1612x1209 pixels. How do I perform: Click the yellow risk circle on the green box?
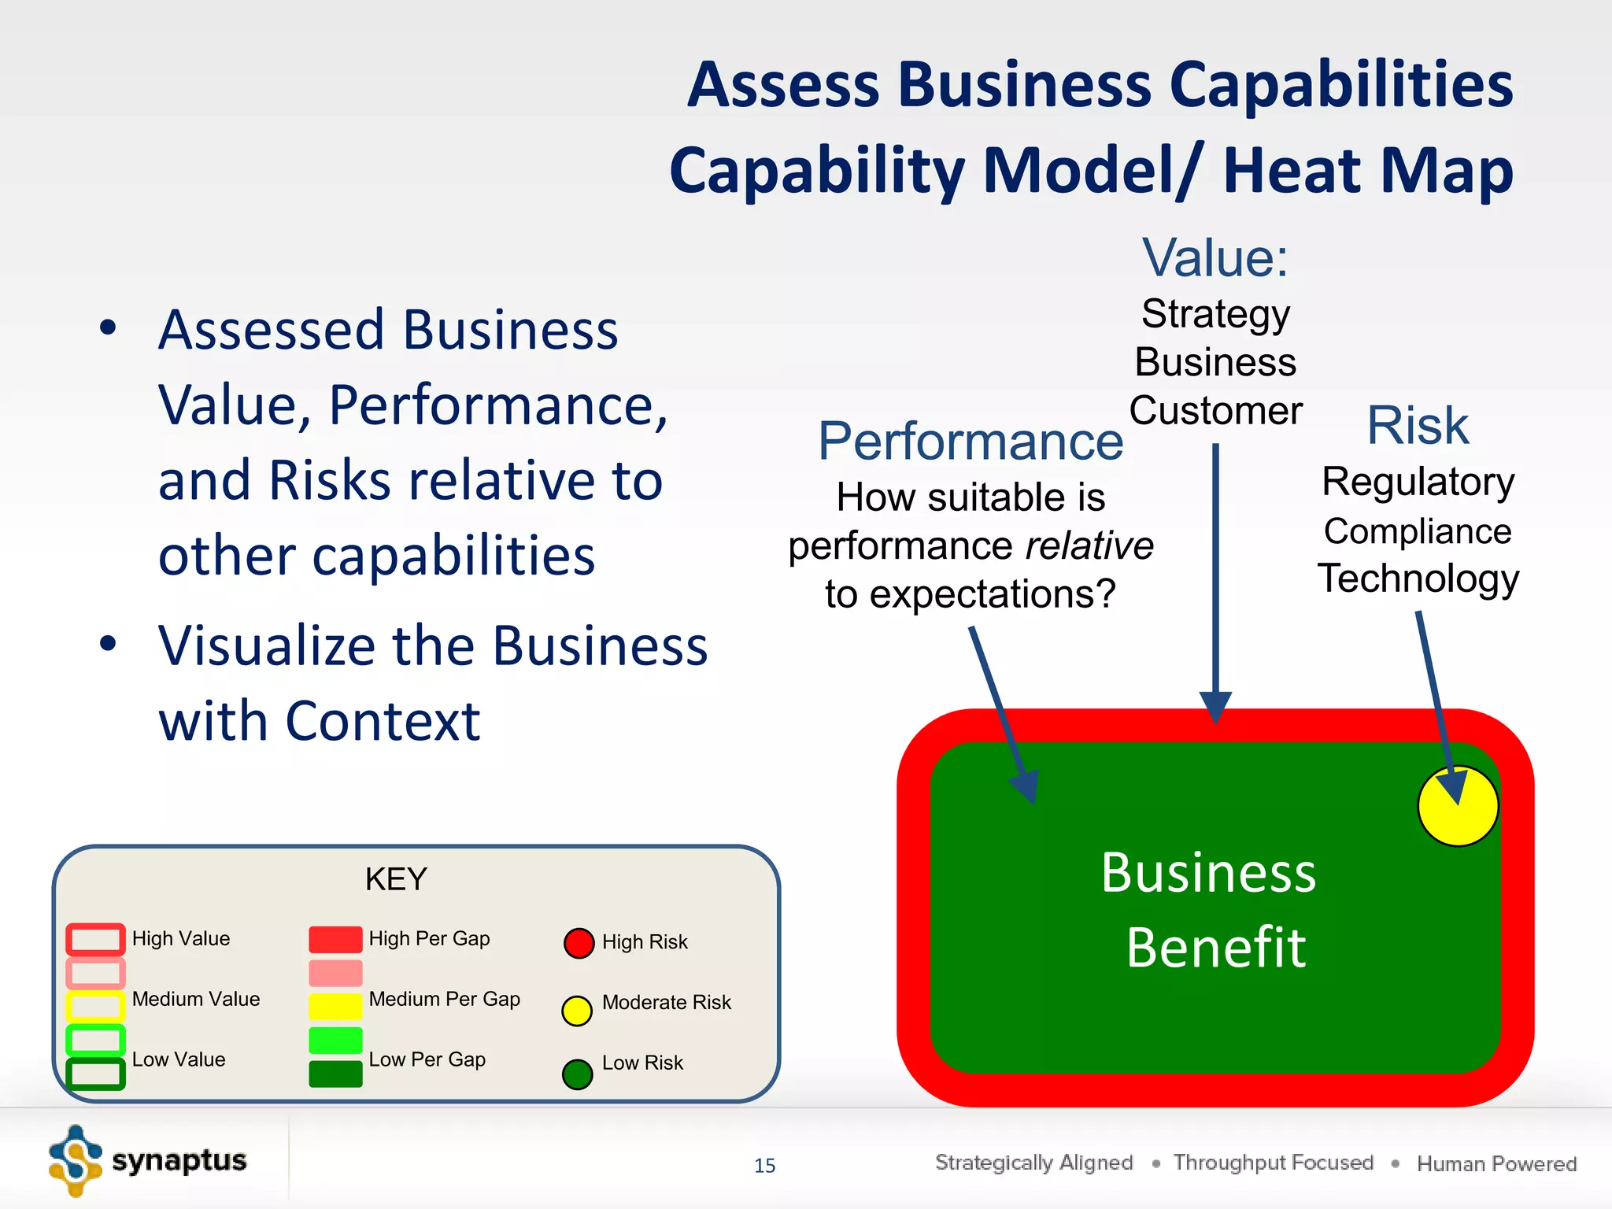[x=1458, y=806]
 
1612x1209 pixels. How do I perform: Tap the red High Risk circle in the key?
[x=579, y=943]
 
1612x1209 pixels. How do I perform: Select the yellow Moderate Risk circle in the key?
[x=577, y=1011]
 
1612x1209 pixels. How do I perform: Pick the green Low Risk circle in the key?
[x=577, y=1074]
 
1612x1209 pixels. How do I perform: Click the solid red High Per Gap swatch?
[x=335, y=940]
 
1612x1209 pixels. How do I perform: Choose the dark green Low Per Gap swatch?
[x=335, y=1074]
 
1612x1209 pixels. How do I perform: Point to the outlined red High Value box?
[x=95, y=939]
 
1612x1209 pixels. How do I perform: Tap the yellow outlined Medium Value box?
[x=95, y=1006]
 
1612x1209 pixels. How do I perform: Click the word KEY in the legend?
[x=396, y=879]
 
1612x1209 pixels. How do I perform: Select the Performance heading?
[x=971, y=442]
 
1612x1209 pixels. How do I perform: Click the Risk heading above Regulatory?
[x=1418, y=426]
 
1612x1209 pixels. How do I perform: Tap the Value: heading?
[x=1215, y=257]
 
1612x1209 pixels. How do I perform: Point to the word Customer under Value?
[x=1215, y=411]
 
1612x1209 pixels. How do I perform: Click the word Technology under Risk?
[x=1418, y=579]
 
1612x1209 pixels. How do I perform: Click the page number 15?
[x=764, y=1166]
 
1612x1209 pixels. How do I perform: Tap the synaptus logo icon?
[x=76, y=1161]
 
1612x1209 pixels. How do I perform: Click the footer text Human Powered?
[x=1496, y=1164]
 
